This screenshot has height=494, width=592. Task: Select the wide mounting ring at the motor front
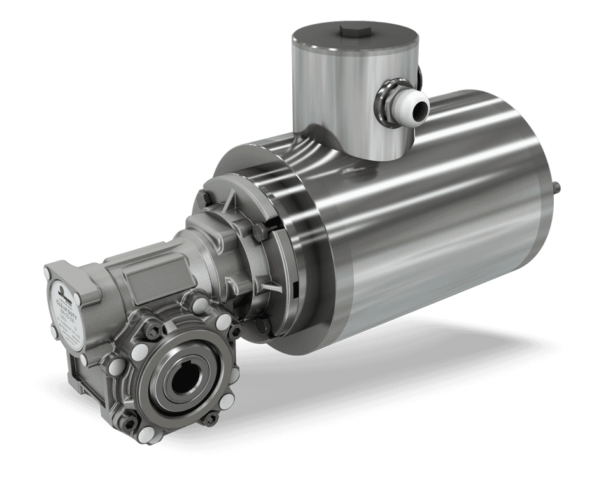299,255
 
